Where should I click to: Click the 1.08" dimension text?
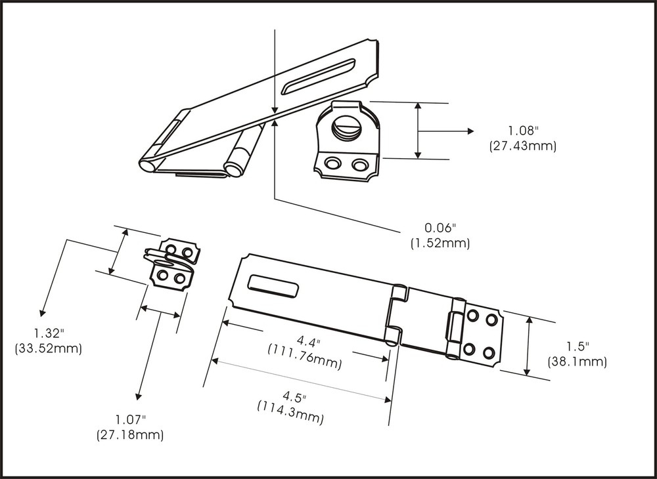point(522,131)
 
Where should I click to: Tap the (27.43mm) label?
point(522,146)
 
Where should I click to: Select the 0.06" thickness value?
point(440,228)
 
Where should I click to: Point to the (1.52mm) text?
point(440,243)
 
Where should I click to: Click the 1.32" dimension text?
point(48,334)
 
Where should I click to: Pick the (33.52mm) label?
point(48,348)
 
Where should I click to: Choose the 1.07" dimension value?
point(130,419)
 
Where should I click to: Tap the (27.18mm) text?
point(130,434)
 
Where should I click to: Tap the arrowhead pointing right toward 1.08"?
point(469,131)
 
